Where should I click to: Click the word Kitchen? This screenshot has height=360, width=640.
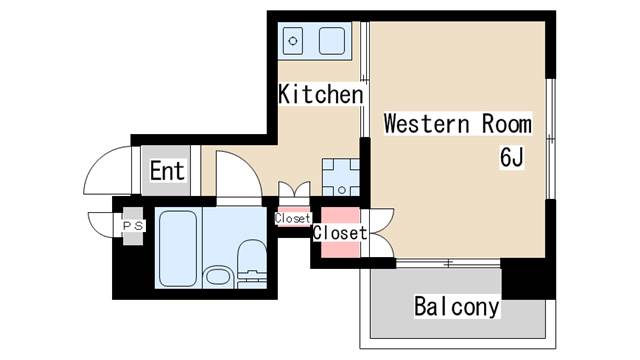click(319, 95)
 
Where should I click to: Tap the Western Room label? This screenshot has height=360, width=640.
click(457, 125)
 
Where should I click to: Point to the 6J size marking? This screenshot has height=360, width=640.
click(512, 157)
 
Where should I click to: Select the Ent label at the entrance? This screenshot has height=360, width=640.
click(167, 171)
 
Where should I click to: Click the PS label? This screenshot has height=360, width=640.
click(133, 226)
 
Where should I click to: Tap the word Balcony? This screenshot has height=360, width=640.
click(456, 306)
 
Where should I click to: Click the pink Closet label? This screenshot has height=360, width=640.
click(339, 233)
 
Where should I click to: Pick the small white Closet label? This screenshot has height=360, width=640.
click(293, 218)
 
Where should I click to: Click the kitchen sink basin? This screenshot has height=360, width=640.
click(331, 41)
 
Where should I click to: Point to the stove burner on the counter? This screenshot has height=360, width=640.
click(294, 41)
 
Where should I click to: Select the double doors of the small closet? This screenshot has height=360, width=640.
click(293, 193)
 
